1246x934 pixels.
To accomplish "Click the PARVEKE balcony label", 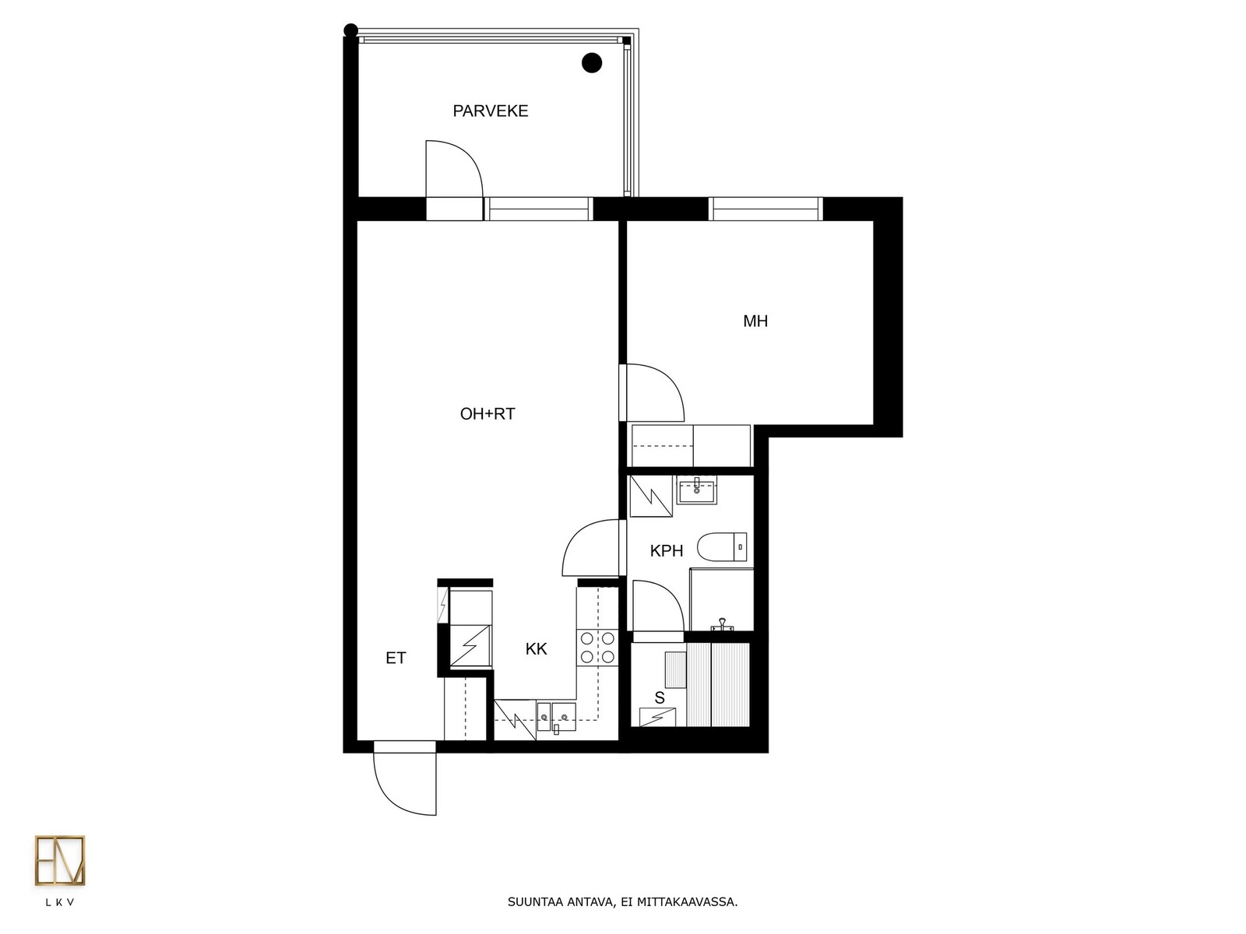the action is pos(491,111).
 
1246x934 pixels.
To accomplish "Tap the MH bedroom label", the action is pos(755,321).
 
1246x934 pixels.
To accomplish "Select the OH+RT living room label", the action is pos(487,414).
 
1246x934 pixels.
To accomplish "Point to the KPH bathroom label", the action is pos(667,550).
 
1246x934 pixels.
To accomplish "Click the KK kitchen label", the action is pos(536,649).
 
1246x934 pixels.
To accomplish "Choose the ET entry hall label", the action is pos(396,658).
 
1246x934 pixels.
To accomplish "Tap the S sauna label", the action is pos(659,698).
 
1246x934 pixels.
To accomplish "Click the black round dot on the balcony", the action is pos(592,63).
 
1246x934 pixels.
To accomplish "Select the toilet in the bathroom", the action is pos(722,546).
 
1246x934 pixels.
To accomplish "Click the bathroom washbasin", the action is pos(696,490).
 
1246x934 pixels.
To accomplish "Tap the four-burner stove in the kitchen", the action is pos(597,648).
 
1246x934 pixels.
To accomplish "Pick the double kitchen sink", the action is pos(556,718).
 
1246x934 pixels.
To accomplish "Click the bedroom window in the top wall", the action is pos(766,209).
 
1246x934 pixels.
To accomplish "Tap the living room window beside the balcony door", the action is pos(538,209).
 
